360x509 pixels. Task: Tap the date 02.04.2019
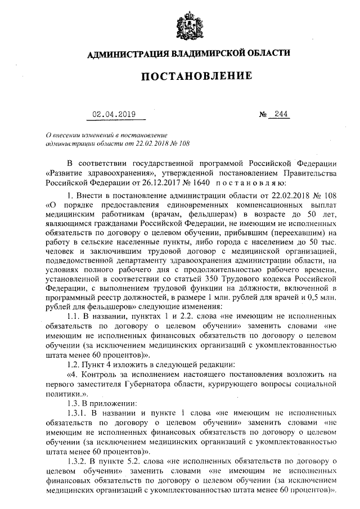tap(115, 115)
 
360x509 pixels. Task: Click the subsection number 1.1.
tap(75, 317)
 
